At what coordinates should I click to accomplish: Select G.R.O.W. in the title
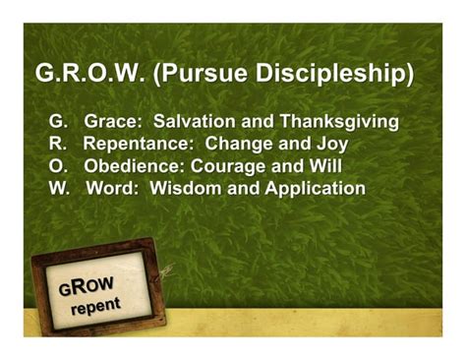pyautogui.click(x=90, y=75)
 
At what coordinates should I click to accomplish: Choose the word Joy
pyautogui.click(x=328, y=145)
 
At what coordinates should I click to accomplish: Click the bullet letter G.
pyautogui.click(x=57, y=122)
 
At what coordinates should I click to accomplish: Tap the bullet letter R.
pyautogui.click(x=57, y=145)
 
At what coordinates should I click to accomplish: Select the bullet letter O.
pyautogui.click(x=57, y=166)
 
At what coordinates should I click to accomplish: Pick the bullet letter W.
pyautogui.click(x=58, y=188)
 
